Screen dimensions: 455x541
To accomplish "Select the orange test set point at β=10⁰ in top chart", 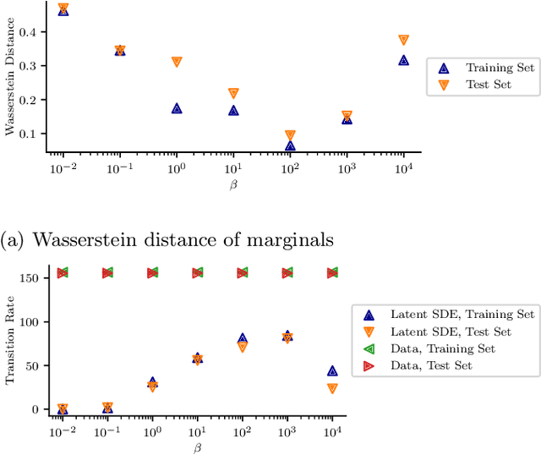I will [x=177, y=62].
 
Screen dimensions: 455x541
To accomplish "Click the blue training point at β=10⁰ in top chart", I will [x=177, y=108].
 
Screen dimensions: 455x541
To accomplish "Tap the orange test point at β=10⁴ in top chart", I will [x=403, y=40].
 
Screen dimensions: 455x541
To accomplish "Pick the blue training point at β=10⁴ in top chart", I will [x=403, y=60].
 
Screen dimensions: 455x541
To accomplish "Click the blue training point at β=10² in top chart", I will [x=290, y=145].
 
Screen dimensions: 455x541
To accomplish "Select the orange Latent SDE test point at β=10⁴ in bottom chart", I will [x=332, y=388].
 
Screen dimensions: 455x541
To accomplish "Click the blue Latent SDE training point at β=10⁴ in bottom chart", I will [x=332, y=370].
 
